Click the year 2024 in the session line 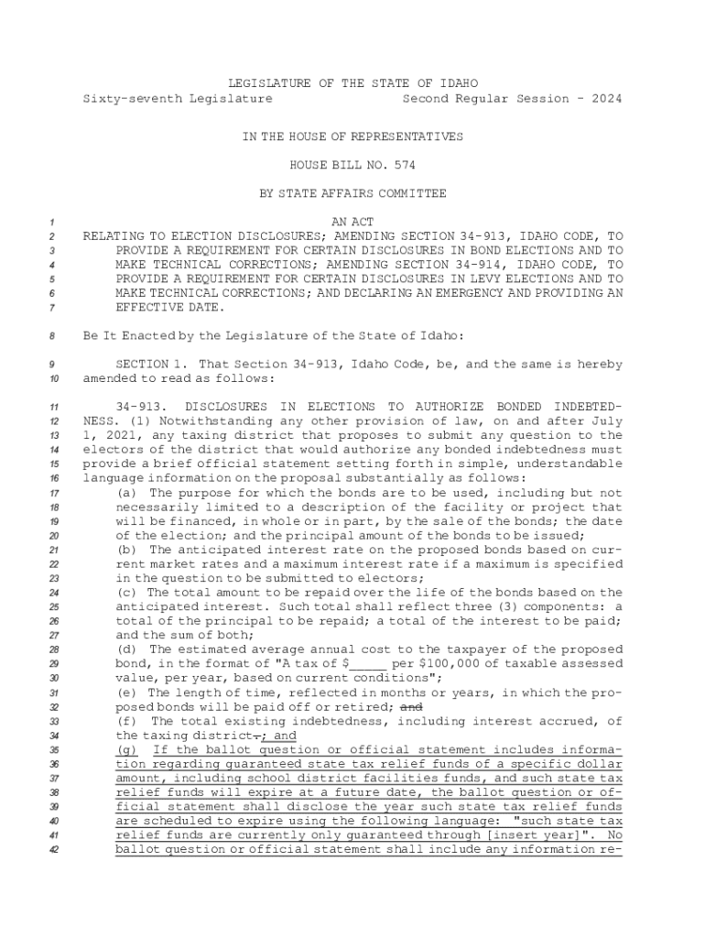coord(605,98)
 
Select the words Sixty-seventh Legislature coord(178,98)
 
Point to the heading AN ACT coord(352,223)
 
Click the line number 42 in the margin coord(53,850)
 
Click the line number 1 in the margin coord(53,223)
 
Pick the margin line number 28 coord(53,649)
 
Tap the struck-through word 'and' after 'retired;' coord(412,707)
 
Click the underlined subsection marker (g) coord(127,749)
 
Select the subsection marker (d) coord(127,649)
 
